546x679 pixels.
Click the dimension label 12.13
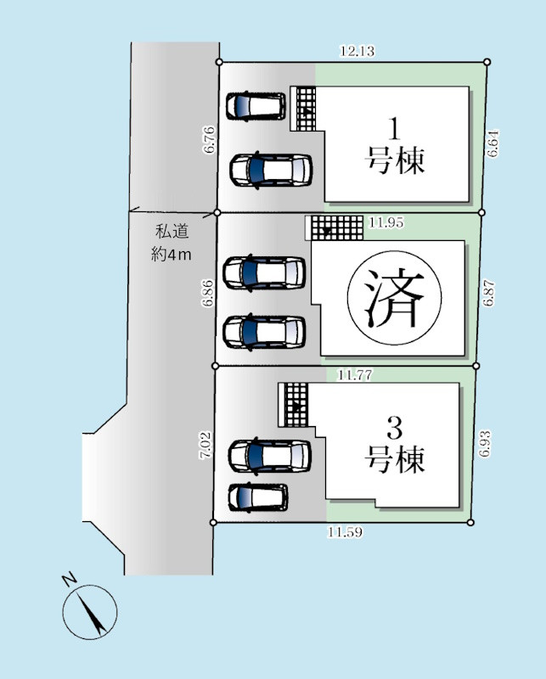pos(357,51)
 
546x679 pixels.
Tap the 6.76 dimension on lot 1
pos(209,139)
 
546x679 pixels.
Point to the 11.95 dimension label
pos(386,223)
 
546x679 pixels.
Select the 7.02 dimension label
pos(204,445)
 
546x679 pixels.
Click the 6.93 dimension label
pos(485,444)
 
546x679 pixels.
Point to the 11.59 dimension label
pos(346,532)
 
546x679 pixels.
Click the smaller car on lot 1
pos(256,105)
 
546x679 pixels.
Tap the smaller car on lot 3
pos(258,497)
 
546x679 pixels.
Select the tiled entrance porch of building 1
pos(303,108)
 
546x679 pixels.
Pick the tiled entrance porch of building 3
pos(295,404)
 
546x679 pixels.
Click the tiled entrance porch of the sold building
pos(335,227)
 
